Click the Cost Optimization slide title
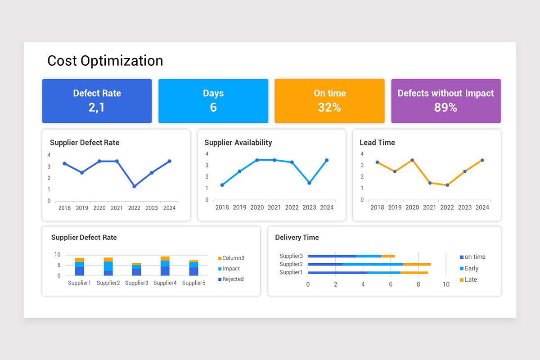105,61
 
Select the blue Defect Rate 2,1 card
97,101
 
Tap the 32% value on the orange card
329,108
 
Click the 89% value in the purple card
445,108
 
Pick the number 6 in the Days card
213,108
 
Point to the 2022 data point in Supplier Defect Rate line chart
134,186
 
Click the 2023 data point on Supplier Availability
309,183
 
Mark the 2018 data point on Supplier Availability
222,185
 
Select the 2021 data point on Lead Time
430,183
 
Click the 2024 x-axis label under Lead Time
482,207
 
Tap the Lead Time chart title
377,143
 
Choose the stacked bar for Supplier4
165,266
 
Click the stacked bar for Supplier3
136,269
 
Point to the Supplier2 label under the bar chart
108,283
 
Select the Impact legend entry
231,269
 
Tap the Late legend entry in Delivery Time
471,279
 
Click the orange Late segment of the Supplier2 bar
417,264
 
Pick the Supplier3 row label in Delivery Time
291,256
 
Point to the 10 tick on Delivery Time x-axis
446,284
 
